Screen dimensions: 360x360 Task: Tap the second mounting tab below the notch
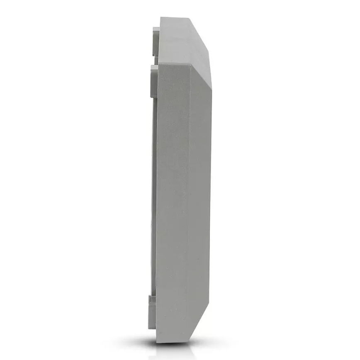coord(153,81)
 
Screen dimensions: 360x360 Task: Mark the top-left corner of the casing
coord(161,17)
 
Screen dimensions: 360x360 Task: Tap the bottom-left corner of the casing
coord(156,342)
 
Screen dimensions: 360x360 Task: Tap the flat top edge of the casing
coord(176,18)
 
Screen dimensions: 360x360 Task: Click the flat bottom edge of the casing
coord(174,342)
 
